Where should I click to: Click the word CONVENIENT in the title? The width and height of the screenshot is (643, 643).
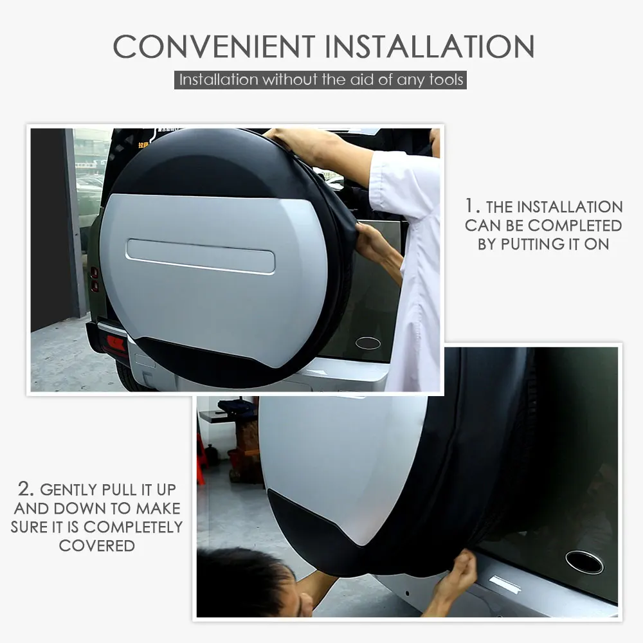pos(213,46)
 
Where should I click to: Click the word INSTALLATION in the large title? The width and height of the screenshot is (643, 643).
pos(430,46)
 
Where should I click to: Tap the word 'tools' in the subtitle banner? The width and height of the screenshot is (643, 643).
pos(448,80)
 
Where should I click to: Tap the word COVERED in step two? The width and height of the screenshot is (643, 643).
pos(96,545)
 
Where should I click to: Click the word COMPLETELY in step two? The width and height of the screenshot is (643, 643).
pos(133,527)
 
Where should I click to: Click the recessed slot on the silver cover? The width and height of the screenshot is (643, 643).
pos(201,256)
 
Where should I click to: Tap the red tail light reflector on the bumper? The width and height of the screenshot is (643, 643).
pos(116,343)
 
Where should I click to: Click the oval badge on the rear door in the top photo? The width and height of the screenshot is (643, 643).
pos(368,343)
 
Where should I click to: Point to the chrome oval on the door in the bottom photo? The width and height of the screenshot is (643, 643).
pos(584,562)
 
